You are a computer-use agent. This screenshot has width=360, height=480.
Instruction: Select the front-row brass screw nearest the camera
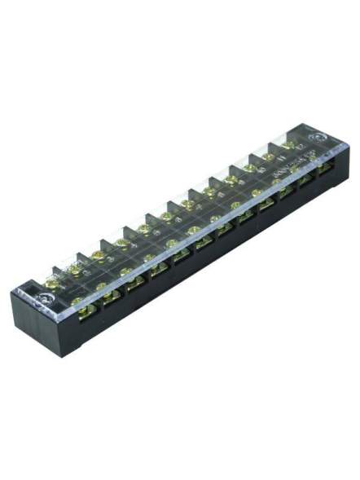[79, 300]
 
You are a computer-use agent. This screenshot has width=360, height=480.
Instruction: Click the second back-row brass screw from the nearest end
[76, 269]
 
